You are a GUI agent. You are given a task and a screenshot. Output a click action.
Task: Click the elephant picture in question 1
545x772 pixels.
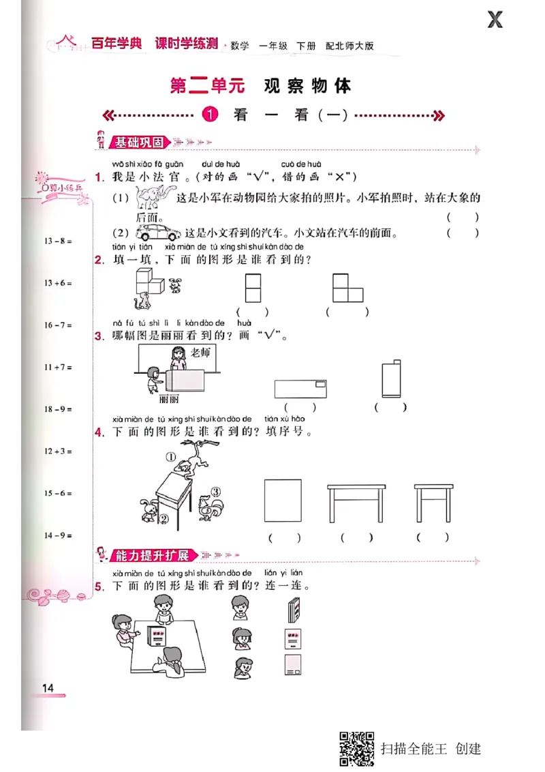point(153,198)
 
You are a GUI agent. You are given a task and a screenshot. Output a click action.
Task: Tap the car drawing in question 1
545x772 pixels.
point(158,232)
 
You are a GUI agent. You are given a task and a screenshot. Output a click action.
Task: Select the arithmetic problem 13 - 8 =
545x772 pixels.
point(58,241)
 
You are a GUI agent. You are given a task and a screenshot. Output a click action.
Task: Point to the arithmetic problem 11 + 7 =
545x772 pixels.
point(58,367)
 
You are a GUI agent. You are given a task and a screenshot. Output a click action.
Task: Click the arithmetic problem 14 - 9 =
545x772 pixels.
point(58,535)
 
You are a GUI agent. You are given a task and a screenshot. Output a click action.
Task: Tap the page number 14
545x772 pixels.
point(48,687)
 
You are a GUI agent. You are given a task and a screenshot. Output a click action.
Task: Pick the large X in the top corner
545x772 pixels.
point(495,20)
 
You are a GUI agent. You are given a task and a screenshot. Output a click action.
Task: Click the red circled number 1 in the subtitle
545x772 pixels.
point(211,115)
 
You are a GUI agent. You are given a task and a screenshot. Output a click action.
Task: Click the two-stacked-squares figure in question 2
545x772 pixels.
point(253,288)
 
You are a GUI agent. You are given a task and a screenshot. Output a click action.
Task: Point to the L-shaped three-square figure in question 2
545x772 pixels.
point(347,288)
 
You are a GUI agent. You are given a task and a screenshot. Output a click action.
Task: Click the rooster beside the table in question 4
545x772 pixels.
point(208,506)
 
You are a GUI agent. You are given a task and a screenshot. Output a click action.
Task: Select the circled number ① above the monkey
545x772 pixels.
point(170,458)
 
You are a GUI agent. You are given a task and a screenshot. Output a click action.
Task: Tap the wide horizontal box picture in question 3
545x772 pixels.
point(301,388)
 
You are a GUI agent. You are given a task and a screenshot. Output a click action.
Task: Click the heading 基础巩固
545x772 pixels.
point(139,143)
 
